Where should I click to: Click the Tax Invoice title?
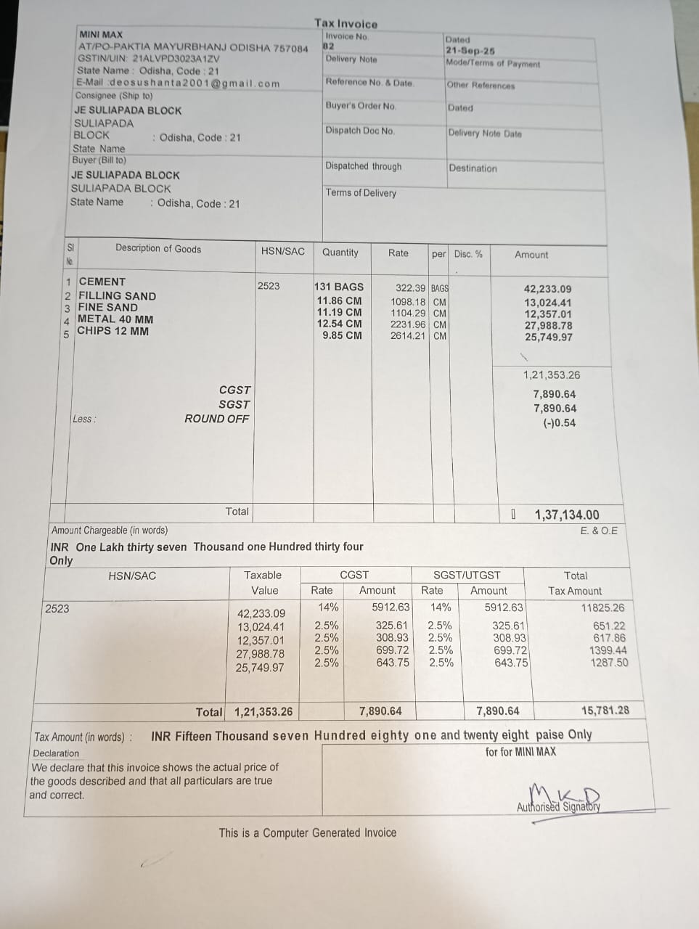click(346, 23)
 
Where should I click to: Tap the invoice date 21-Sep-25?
click(470, 52)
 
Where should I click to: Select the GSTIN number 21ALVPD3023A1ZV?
click(176, 59)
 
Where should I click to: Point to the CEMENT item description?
click(102, 282)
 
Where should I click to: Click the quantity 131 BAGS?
click(339, 287)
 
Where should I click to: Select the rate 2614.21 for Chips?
click(408, 336)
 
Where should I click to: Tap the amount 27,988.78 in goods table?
click(548, 326)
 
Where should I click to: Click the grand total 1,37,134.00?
click(567, 515)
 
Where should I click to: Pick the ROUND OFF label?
click(216, 419)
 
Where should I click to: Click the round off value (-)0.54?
click(559, 423)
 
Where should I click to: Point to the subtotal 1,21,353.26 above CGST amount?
click(552, 375)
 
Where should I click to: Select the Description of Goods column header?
click(158, 249)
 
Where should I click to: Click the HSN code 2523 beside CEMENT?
click(269, 286)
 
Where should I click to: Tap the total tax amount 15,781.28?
click(605, 711)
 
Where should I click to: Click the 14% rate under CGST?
click(328, 607)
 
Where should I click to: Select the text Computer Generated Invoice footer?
click(308, 832)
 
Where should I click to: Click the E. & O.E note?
click(599, 531)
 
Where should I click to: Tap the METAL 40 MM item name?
click(115, 319)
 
